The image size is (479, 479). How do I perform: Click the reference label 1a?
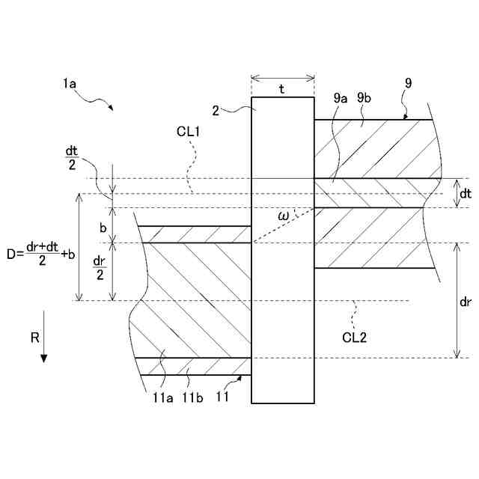70,85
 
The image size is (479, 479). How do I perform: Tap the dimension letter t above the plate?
282,89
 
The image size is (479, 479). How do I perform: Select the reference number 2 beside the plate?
216,111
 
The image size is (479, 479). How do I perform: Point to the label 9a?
341,97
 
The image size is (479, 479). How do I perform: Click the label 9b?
365,97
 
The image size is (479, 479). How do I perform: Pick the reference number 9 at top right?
407,83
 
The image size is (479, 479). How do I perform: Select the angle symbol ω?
283,216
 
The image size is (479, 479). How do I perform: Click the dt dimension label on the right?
465,194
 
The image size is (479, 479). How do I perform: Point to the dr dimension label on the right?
465,301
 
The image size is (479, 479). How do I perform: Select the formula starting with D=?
40,254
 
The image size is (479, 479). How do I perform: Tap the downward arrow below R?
43,352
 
